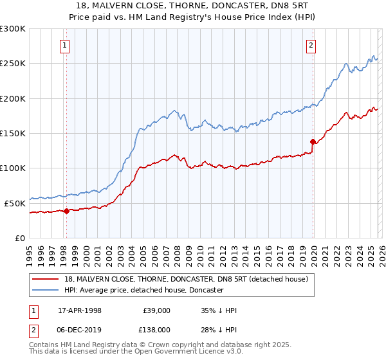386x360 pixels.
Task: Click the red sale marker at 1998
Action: [x=66, y=210]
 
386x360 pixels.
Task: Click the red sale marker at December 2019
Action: [x=313, y=141]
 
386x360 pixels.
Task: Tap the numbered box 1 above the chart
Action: [x=66, y=45]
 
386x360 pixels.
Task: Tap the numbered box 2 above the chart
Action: [x=311, y=45]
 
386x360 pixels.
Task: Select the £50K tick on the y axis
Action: [x=15, y=203]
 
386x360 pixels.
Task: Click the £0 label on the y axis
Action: [x=21, y=238]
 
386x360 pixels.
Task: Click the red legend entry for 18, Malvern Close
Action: [x=186, y=279]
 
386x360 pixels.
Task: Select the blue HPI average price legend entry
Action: [x=143, y=290]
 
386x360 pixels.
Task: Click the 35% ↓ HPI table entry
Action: [x=219, y=310]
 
